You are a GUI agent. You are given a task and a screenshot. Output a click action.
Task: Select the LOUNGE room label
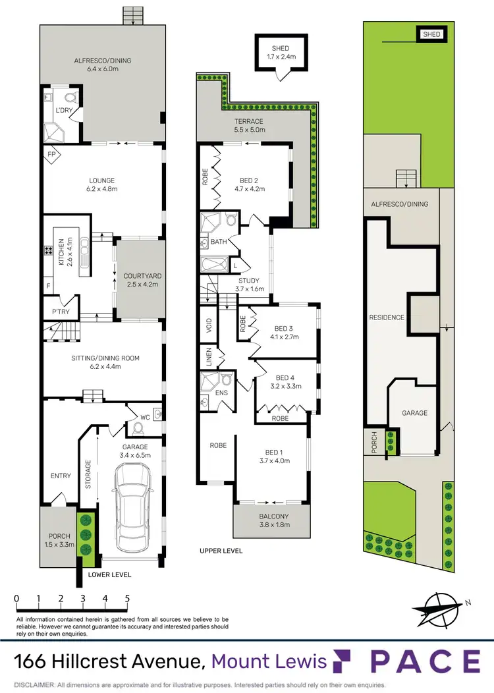click(x=102, y=180)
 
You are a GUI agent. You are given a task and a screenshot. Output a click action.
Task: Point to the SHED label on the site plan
click(x=431, y=34)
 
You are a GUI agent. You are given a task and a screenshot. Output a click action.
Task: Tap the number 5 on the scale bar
click(x=126, y=599)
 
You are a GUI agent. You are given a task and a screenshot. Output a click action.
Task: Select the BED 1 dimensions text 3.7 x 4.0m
click(x=273, y=461)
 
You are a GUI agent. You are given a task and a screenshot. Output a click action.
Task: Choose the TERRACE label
click(x=250, y=121)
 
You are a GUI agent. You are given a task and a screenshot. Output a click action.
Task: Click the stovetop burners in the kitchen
click(x=48, y=251)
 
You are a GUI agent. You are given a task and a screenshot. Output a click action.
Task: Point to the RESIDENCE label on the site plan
click(x=387, y=318)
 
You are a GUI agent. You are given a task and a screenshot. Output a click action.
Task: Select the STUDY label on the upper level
click(x=248, y=281)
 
